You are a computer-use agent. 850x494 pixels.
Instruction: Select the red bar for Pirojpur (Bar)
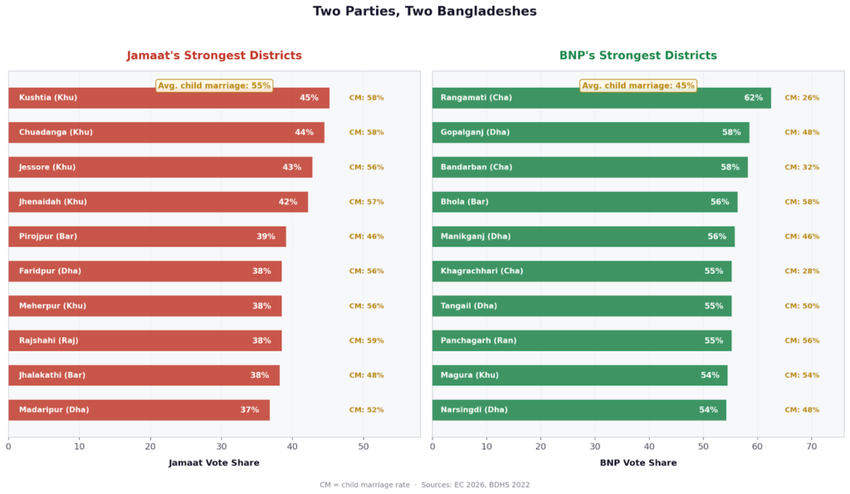(x=147, y=237)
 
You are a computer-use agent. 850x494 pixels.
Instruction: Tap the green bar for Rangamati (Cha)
(x=601, y=98)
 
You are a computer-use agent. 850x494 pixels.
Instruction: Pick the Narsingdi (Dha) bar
(x=579, y=410)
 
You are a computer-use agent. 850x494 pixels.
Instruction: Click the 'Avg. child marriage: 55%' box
(x=214, y=86)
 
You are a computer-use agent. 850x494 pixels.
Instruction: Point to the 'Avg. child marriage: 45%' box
(x=638, y=86)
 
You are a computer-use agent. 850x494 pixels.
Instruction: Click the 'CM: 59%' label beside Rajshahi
(x=366, y=340)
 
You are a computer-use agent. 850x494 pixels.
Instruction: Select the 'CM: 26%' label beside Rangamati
(x=802, y=98)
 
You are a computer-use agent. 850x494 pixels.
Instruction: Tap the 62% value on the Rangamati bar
(x=753, y=98)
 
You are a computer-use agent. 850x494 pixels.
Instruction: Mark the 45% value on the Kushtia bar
(x=309, y=98)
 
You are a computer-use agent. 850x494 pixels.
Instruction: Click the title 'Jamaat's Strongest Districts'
(x=214, y=56)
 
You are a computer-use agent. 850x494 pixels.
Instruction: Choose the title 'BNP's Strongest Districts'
(x=637, y=56)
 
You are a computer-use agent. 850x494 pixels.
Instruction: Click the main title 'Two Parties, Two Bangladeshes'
(x=425, y=12)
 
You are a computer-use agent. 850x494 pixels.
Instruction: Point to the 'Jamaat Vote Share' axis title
(x=214, y=462)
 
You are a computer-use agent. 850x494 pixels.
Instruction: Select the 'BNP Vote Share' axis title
(x=637, y=462)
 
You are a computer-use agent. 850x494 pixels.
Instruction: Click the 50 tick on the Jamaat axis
(x=364, y=446)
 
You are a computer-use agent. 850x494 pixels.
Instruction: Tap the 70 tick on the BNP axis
(x=812, y=446)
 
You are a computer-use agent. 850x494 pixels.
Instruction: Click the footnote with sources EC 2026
(x=425, y=485)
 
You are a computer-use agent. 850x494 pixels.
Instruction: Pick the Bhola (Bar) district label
(x=465, y=202)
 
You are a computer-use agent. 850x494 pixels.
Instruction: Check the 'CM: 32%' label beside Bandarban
(x=802, y=168)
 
